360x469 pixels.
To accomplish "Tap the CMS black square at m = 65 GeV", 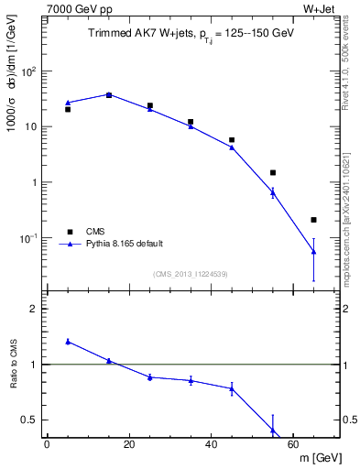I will click(x=313, y=220).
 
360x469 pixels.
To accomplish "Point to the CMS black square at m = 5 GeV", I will click(x=68, y=109).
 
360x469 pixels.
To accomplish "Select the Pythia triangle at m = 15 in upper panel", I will click(x=109, y=94).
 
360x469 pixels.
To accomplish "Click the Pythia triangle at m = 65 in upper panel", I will click(x=313, y=251).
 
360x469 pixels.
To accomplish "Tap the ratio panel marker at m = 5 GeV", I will click(x=68, y=341).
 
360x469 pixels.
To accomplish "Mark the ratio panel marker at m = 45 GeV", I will click(x=232, y=388).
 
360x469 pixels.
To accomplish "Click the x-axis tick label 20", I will click(x=129, y=444).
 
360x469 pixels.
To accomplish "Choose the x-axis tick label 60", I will click(x=293, y=444).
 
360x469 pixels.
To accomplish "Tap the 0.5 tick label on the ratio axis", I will click(x=31, y=420).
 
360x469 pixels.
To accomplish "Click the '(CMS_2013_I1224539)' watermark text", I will click(x=191, y=273).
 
